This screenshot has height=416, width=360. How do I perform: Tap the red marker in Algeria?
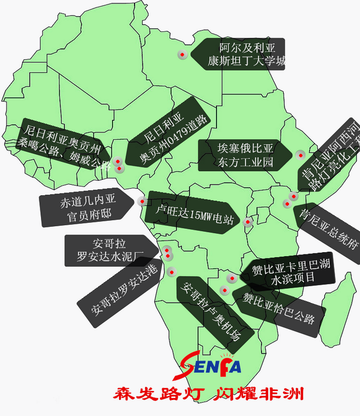(x=181, y=54)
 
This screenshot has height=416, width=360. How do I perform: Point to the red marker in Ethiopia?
(x=300, y=154)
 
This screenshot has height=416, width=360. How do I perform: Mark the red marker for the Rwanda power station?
(x=248, y=222)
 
